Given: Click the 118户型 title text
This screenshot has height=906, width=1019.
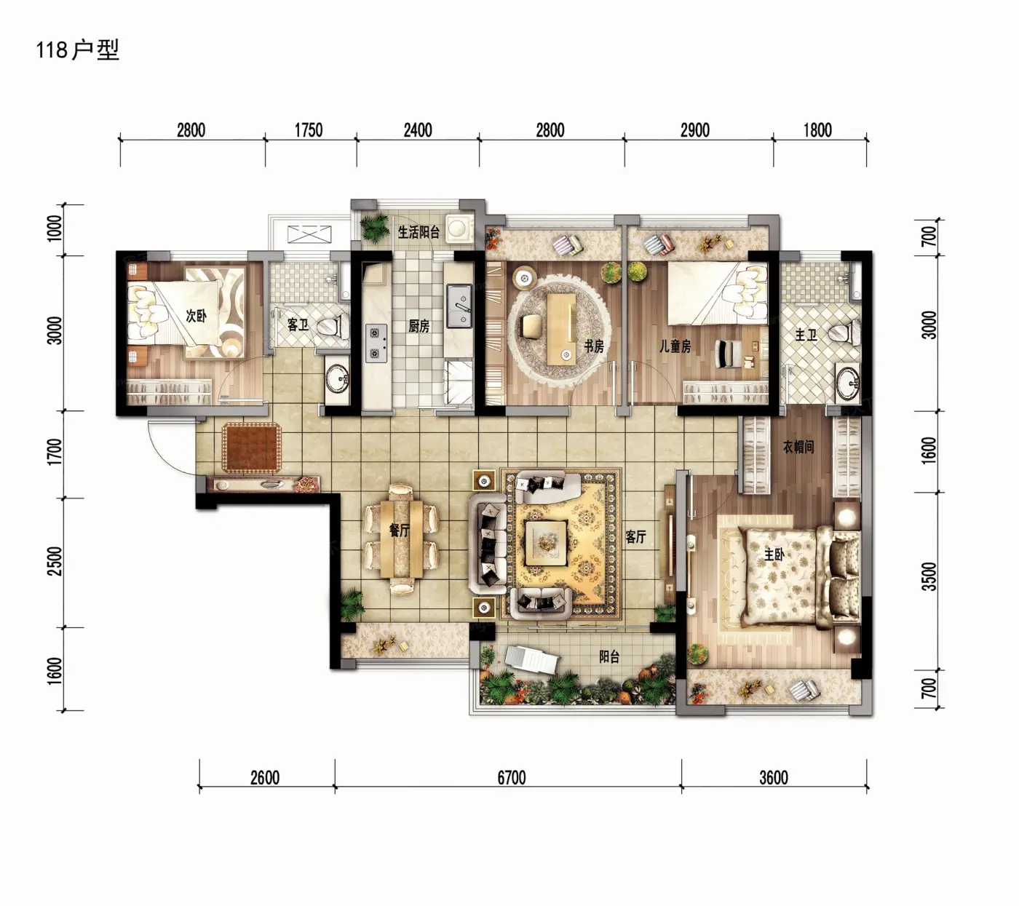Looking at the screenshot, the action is click(77, 49).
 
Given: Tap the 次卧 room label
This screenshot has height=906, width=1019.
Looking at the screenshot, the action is click(196, 316).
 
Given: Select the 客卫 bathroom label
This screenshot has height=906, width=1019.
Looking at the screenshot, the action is click(298, 325).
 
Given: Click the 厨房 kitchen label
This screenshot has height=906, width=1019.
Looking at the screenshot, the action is click(419, 326).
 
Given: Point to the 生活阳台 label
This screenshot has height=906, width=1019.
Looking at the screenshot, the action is click(419, 232).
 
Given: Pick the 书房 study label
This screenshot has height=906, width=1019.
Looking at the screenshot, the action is click(593, 346).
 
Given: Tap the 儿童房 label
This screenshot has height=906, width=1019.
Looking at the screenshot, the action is click(675, 346).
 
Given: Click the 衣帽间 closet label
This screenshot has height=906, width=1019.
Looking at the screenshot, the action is click(798, 447).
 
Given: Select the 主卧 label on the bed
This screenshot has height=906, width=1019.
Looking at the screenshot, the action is click(774, 555).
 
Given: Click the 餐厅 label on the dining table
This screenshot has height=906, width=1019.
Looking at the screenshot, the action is click(400, 530).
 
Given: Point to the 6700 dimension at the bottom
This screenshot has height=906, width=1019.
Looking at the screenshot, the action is click(512, 778).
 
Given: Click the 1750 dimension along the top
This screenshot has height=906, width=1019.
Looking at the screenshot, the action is click(309, 130).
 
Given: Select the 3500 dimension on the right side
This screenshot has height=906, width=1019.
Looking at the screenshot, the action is click(930, 576).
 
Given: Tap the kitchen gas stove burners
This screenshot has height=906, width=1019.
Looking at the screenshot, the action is click(376, 343).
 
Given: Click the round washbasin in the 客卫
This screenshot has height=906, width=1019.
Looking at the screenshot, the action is click(336, 378).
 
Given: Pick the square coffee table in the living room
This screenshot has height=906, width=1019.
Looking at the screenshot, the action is click(546, 543).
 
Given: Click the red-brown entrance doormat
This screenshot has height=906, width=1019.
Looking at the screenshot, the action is click(251, 448).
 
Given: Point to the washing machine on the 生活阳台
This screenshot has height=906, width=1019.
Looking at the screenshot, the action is click(459, 226).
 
